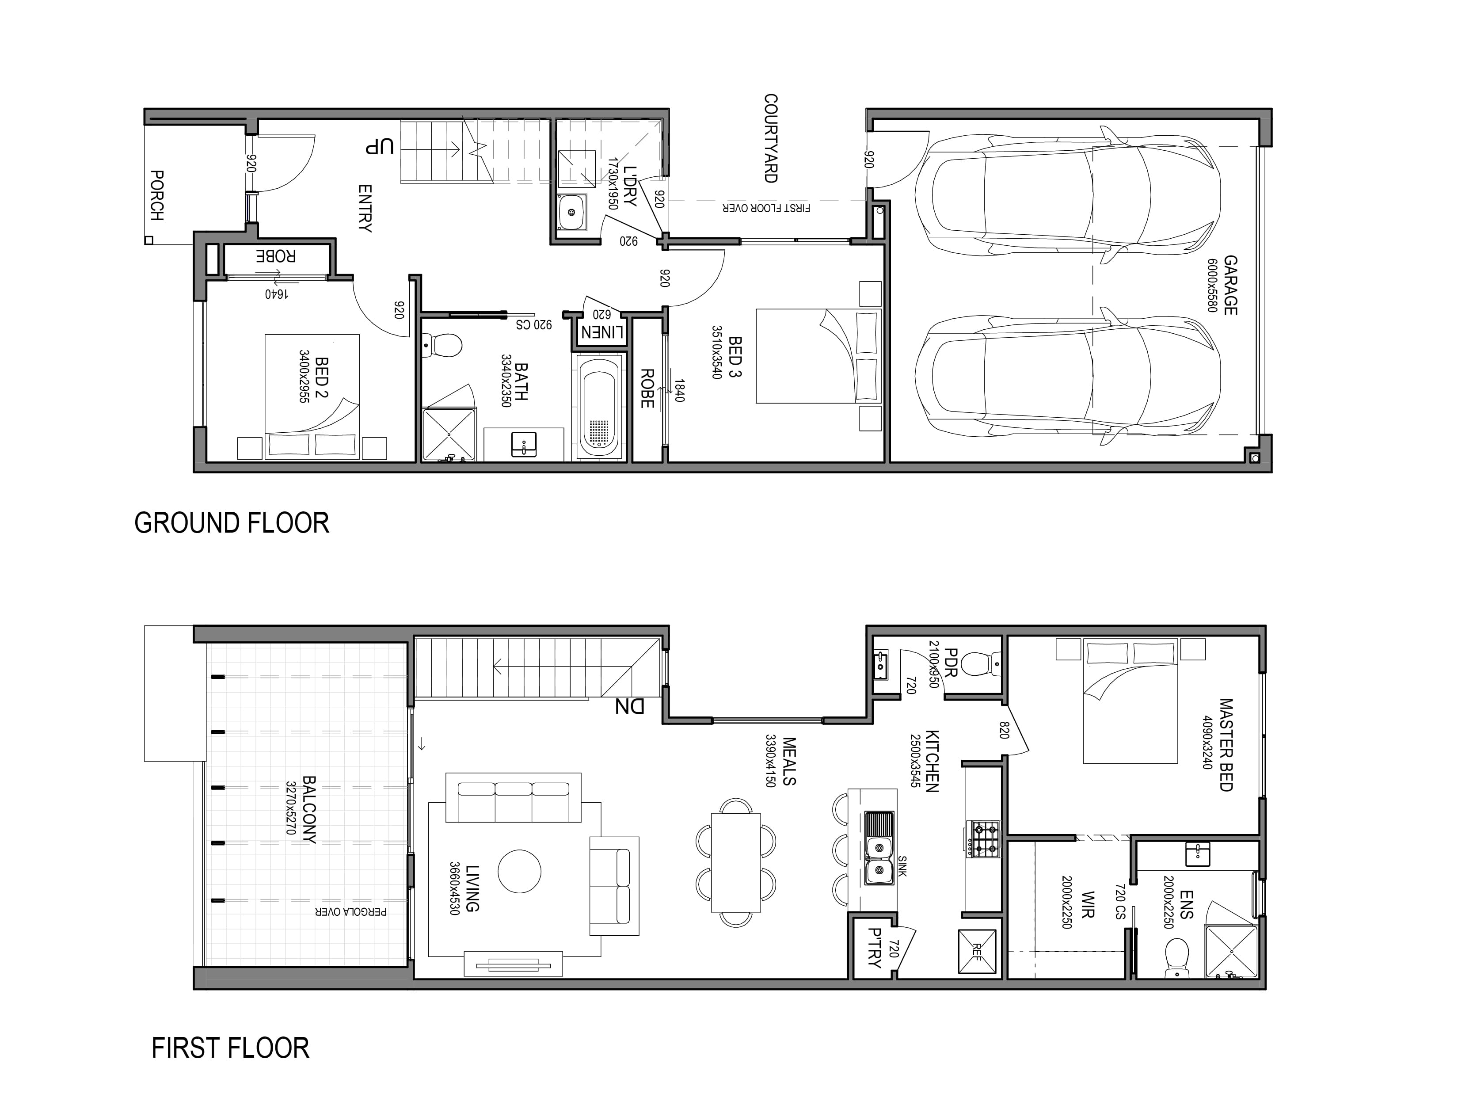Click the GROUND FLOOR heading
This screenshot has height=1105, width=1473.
click(232, 523)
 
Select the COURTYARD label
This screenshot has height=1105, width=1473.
click(770, 138)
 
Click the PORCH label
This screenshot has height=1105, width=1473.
click(157, 196)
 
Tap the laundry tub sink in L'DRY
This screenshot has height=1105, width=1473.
click(571, 213)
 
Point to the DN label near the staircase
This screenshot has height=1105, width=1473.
click(628, 706)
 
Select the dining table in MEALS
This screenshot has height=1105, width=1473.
click(736, 862)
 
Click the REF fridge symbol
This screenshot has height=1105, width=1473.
click(977, 952)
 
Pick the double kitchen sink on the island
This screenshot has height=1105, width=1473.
click(879, 848)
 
